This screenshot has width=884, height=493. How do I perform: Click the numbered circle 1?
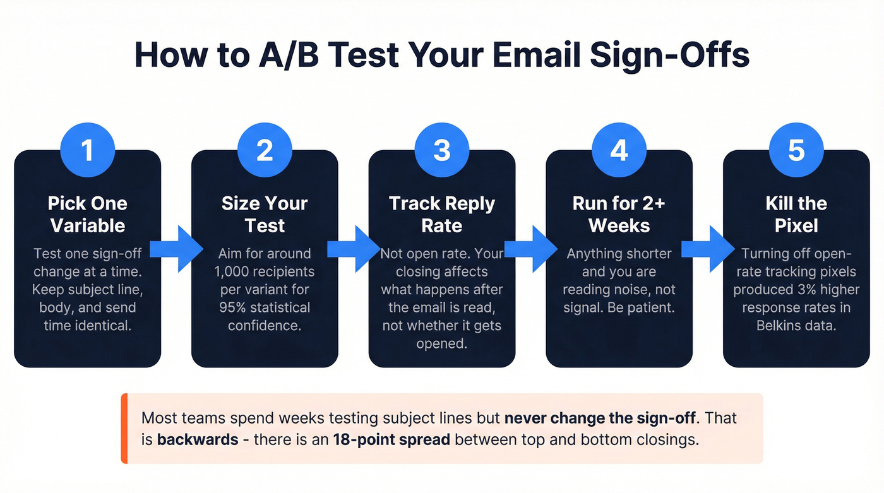pyautogui.click(x=87, y=150)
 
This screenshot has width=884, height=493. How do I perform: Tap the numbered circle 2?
pyautogui.click(x=265, y=150)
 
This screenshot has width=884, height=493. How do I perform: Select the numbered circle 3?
pyautogui.click(x=442, y=150)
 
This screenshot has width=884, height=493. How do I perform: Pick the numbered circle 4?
pyautogui.click(x=619, y=150)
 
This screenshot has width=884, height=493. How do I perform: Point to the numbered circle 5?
pyautogui.click(x=796, y=150)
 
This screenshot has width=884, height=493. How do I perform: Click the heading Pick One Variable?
pyautogui.click(x=87, y=215)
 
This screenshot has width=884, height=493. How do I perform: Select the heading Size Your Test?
pyautogui.click(x=265, y=215)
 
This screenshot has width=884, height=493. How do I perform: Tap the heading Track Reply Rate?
pyautogui.click(x=442, y=215)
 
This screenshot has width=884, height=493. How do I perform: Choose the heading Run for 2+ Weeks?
pyautogui.click(x=619, y=215)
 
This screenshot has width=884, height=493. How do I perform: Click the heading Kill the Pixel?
pyautogui.click(x=796, y=215)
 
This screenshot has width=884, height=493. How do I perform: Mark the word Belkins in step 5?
pyautogui.click(x=780, y=326)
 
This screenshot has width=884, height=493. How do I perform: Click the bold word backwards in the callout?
pyautogui.click(x=197, y=439)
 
